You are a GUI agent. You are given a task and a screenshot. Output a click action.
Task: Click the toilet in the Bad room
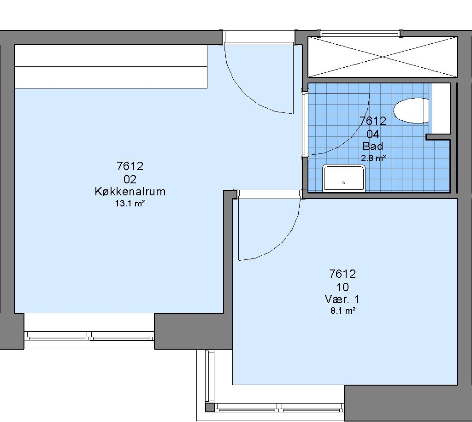pos(411,111)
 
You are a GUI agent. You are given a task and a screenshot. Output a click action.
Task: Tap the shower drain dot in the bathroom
pos(344,182)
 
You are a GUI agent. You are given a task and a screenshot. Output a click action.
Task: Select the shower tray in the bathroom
pos(344,178)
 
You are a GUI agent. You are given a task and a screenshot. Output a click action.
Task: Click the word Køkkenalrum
pos(130,192)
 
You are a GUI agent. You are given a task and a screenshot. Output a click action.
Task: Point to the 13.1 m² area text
pos(130,204)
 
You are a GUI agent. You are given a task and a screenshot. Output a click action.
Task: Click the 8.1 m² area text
pos(343,311)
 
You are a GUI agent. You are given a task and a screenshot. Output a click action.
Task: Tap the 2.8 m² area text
pos(373,158)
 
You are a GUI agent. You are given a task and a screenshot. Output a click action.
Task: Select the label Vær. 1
pos(342,299)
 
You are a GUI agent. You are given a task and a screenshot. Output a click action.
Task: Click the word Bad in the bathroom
pos(372,147)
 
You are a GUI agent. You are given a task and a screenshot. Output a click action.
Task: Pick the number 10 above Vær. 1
pos(342,287)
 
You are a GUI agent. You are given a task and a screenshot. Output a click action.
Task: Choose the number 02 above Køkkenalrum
pos(130,180)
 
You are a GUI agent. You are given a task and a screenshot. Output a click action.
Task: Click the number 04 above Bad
pos(372,134)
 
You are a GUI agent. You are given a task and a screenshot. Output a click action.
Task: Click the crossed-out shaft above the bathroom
pos(383,57)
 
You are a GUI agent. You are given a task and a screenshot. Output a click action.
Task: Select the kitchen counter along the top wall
pos(111,66)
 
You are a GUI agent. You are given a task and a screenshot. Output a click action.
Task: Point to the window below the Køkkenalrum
pos(89,336)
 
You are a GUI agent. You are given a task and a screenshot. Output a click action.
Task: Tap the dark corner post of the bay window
pos(210,408)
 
